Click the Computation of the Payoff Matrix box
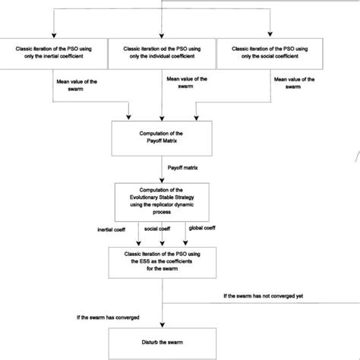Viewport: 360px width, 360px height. coord(164,136)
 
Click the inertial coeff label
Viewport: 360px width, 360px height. coord(112,229)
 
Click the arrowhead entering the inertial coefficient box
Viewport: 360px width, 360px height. coord(55,33)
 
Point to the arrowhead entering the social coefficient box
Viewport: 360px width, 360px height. coord(269,33)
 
